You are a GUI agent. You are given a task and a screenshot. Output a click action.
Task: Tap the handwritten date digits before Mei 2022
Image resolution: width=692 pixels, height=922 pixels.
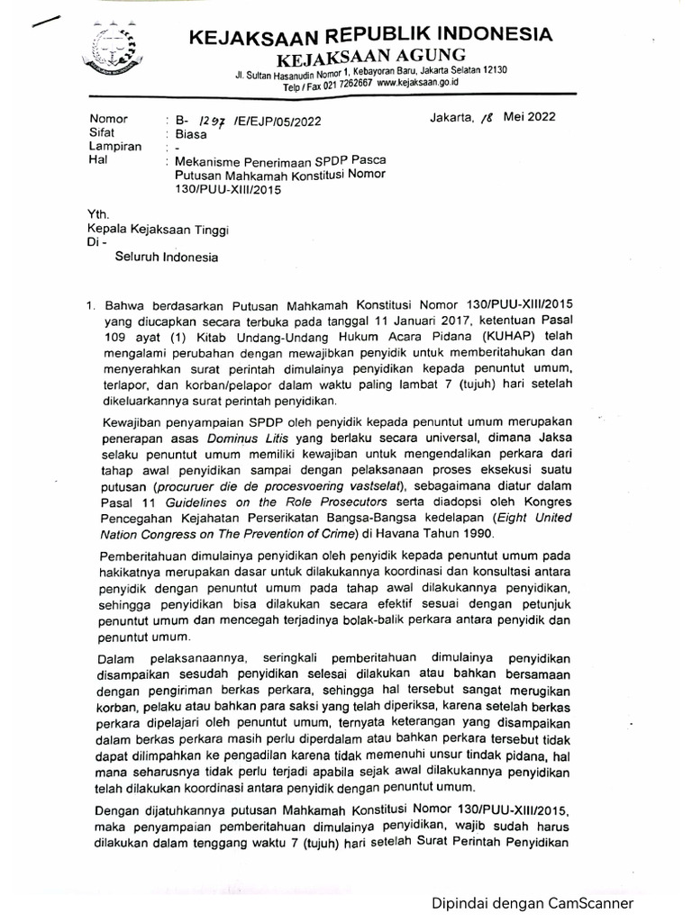pos(489,117)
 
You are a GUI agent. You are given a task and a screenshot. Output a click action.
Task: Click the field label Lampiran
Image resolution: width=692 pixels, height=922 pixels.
pos(111,147)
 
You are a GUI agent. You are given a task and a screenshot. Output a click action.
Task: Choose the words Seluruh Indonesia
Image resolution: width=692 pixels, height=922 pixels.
pos(166,258)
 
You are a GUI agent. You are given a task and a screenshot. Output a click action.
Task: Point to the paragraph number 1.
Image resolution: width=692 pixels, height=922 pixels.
pos(88,307)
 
